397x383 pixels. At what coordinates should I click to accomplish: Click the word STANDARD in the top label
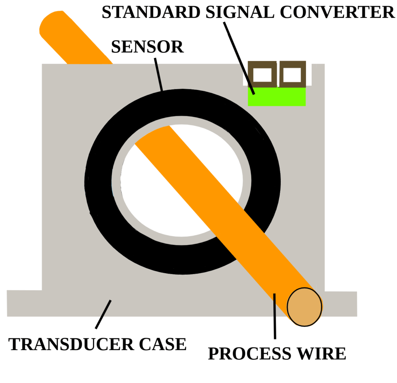coord(138,12)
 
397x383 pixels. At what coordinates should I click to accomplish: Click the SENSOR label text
coord(147,47)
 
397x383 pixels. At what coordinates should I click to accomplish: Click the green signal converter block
coord(277,97)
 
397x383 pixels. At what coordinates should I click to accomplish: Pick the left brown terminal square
coord(262,74)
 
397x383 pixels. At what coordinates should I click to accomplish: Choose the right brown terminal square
coord(292,74)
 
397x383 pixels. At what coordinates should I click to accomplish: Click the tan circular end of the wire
coord(304,307)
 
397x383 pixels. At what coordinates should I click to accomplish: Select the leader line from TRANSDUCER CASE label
coord(103,314)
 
